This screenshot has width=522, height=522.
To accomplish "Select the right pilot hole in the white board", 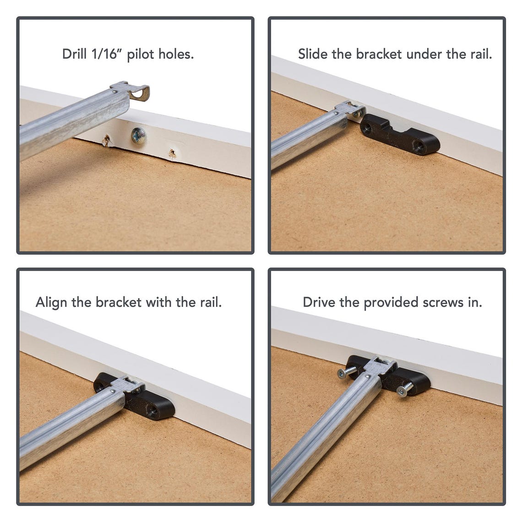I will click(x=172, y=152).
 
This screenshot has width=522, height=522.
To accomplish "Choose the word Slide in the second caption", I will click(x=313, y=54).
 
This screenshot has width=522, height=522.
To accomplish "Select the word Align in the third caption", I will click(x=51, y=303).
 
